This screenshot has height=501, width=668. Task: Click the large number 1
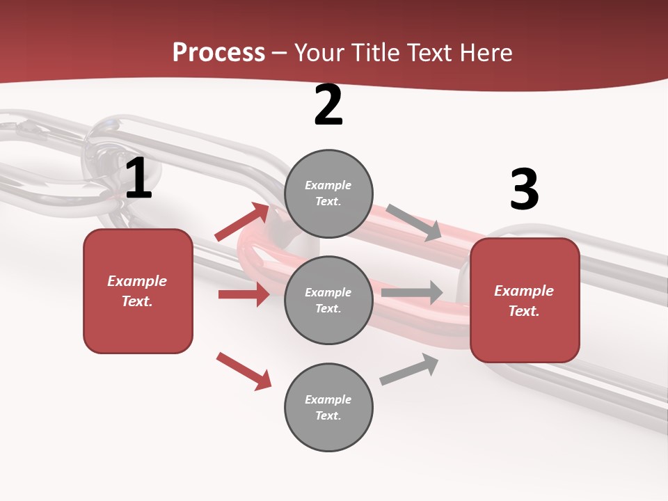[x=138, y=179]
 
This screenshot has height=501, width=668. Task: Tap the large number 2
[x=328, y=106]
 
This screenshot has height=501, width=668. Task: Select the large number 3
[x=524, y=190]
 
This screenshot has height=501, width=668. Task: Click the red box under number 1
[x=138, y=291]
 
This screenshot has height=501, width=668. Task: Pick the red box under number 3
[x=525, y=301]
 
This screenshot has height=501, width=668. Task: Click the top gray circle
[x=328, y=193]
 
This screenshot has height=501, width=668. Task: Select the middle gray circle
[x=328, y=301]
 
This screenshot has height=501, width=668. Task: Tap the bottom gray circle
[x=328, y=408]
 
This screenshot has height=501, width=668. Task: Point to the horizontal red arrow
[x=244, y=294]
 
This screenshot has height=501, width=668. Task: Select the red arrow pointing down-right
[x=244, y=371]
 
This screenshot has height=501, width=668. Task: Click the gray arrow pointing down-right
[x=414, y=222]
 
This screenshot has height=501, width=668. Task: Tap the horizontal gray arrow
[x=412, y=292]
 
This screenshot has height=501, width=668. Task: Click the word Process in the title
[x=218, y=52]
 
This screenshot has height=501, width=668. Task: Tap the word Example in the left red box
[x=137, y=281]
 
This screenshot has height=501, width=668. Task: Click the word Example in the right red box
[x=524, y=291]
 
